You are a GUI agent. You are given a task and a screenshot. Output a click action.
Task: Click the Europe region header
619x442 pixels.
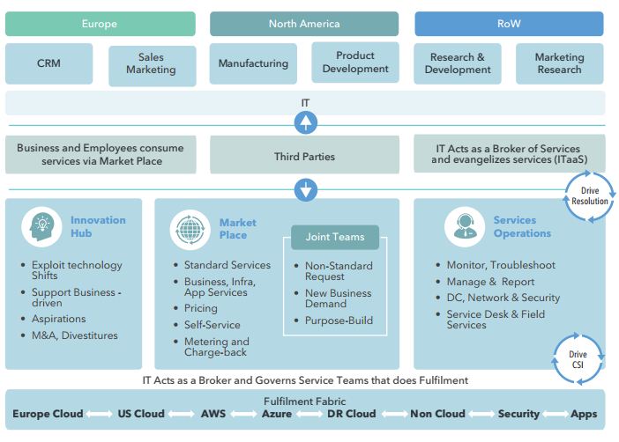point(100,24)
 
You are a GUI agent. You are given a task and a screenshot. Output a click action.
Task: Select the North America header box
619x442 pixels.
point(303,24)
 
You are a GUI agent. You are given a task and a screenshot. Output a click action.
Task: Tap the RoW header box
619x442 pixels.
point(509,24)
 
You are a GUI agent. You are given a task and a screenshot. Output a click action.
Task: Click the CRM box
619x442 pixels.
point(48,63)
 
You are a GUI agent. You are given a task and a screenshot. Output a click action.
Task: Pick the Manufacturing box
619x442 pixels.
point(253,63)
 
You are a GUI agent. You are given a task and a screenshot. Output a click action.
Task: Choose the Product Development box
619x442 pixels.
point(355,63)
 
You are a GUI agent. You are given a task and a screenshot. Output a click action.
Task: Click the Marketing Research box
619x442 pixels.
point(559,63)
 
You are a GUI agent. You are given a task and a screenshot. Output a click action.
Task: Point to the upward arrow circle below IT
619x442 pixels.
point(305,122)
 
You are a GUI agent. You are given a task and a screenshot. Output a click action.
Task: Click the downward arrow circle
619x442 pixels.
point(305,189)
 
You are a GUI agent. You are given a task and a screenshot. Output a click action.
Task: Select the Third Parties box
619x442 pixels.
point(304,157)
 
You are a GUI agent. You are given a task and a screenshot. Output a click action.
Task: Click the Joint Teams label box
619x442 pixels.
point(334,237)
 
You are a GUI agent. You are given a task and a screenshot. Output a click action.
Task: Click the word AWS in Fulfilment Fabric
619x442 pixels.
point(213,414)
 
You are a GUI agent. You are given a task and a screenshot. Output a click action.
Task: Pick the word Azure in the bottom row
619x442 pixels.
point(276,414)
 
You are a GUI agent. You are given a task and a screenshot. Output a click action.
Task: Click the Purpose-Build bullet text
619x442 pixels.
point(339,320)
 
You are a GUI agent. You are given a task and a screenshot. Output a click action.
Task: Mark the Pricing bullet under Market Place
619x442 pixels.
point(200,308)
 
